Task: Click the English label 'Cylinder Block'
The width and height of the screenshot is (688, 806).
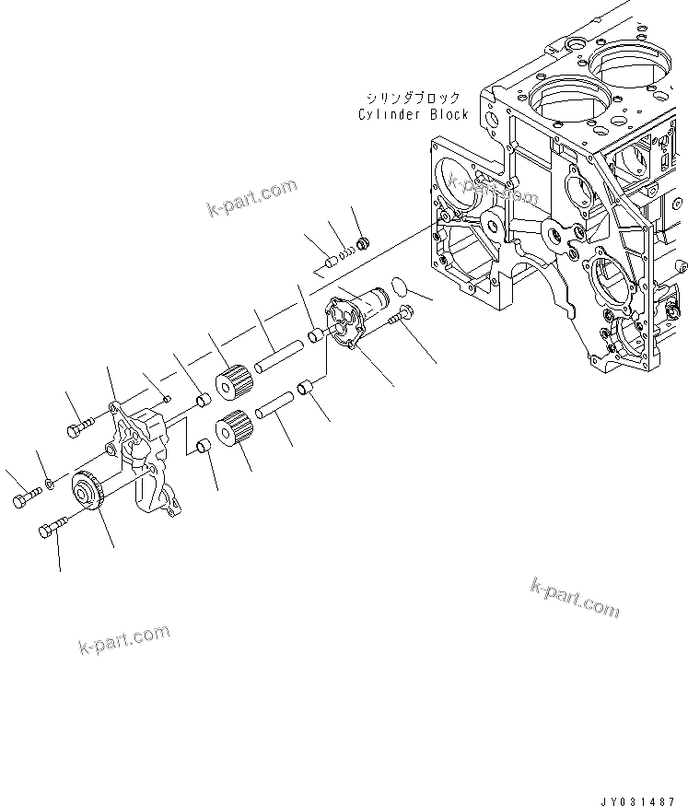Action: tap(414, 114)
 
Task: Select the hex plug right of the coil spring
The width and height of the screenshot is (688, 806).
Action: tap(363, 245)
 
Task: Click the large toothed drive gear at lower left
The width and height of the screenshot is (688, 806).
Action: tap(89, 487)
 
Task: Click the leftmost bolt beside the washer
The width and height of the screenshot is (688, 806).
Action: tap(25, 499)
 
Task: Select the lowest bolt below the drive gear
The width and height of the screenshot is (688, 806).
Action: tap(52, 530)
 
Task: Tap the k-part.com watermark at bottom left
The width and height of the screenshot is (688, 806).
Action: tap(125, 640)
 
